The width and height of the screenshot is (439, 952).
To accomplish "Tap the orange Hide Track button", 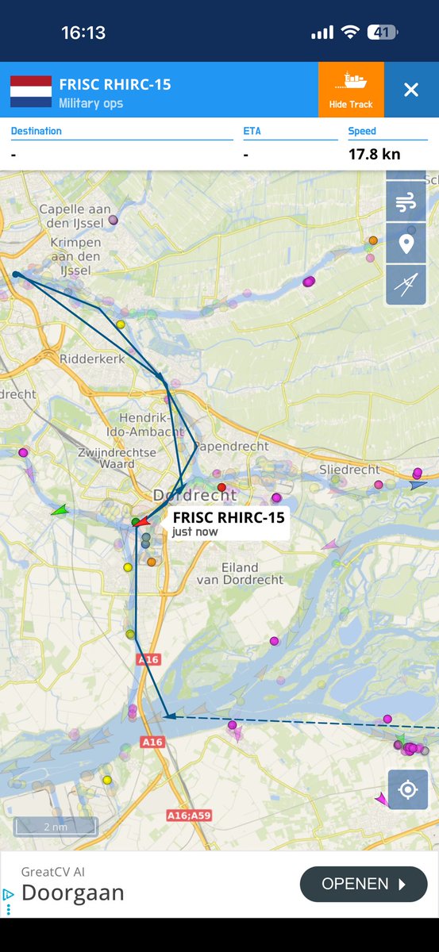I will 351,90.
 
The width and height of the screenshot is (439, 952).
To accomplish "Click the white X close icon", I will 410,90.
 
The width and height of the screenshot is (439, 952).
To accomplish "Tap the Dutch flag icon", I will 31,91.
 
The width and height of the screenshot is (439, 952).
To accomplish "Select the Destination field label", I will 37,131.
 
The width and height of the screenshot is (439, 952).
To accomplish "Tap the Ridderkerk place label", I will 91,359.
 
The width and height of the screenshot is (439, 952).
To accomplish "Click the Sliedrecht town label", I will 349,470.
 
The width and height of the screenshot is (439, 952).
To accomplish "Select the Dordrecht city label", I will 194,495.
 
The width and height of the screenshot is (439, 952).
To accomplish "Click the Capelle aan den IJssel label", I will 75,215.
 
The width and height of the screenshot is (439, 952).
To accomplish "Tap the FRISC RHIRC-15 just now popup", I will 227,523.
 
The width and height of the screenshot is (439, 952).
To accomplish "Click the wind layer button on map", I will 406,202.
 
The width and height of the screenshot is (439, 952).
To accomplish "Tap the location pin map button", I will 406,244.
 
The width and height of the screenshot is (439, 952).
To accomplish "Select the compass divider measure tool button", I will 406,286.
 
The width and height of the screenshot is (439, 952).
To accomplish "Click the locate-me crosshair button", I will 408,789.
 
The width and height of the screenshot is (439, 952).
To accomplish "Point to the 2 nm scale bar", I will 56,827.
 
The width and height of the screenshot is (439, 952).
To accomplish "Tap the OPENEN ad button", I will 364,884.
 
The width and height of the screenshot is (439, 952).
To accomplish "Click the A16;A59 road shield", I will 189,815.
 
